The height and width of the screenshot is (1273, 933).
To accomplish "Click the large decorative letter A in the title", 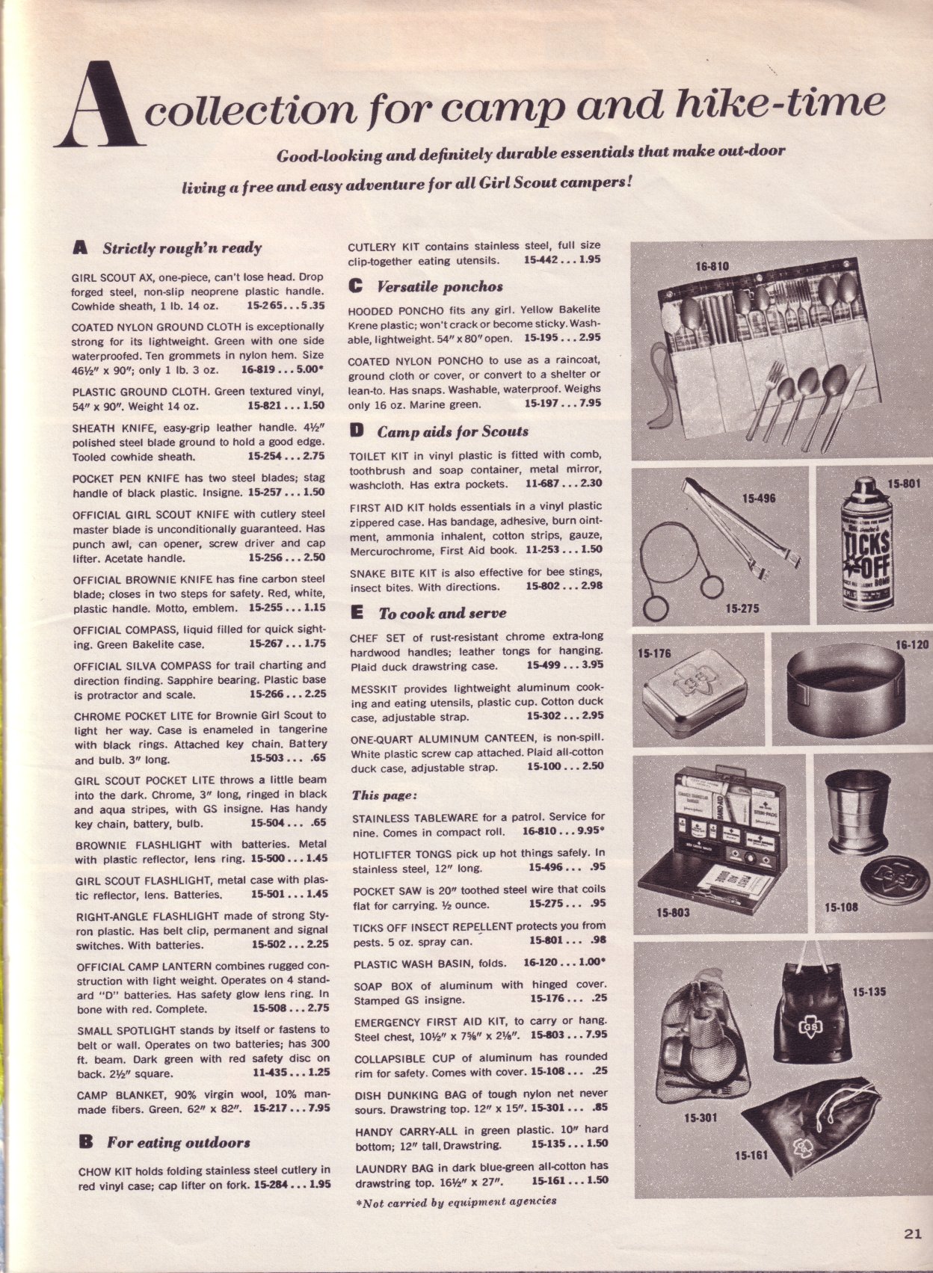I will [98, 105].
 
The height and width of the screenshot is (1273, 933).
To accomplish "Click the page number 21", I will [911, 1234].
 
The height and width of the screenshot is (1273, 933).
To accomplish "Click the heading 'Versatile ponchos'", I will [439, 287].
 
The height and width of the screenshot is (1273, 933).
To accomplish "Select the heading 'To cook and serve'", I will [441, 614].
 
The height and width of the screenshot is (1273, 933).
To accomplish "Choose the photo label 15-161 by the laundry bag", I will [751, 1156].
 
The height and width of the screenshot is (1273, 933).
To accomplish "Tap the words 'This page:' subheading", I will [384, 795].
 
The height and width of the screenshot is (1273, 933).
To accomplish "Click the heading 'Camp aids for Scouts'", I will [452, 432].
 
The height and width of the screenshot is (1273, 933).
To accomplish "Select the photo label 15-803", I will [673, 913].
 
